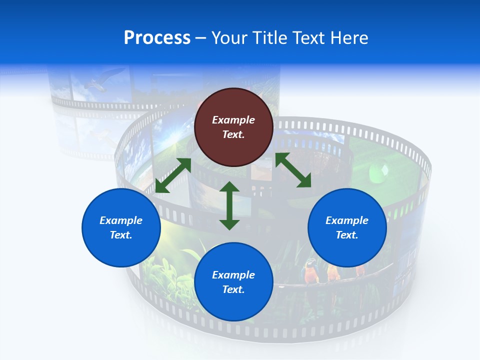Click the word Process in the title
point(157,38)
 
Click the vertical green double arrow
point(229,205)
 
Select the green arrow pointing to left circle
point(173,175)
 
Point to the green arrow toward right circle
point(293,170)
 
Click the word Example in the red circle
point(233,120)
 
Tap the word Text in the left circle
point(121,235)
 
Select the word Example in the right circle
point(347,220)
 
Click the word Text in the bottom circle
point(233,289)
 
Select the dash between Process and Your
point(201,38)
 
